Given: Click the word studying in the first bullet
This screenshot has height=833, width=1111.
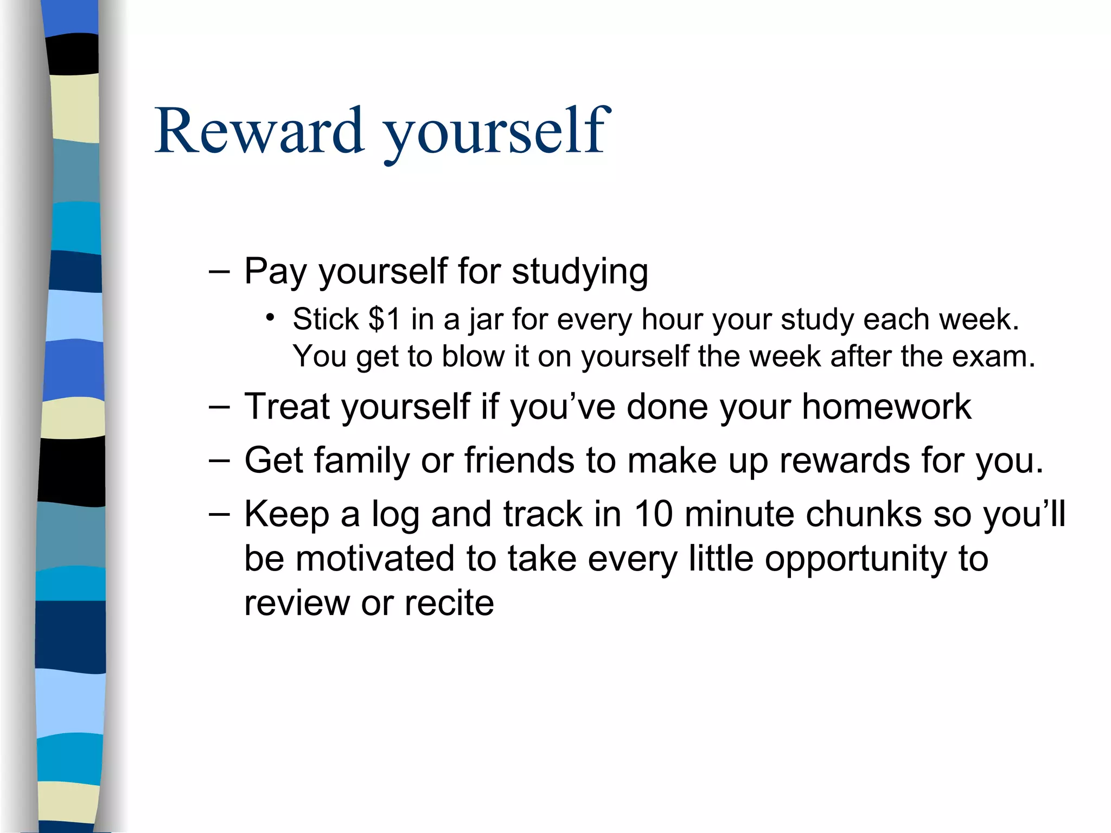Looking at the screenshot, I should [580, 272].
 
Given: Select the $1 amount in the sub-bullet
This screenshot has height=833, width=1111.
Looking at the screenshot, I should [384, 319].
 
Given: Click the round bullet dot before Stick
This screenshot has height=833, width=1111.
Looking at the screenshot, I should [270, 317].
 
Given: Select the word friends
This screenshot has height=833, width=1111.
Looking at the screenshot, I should [520, 460].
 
